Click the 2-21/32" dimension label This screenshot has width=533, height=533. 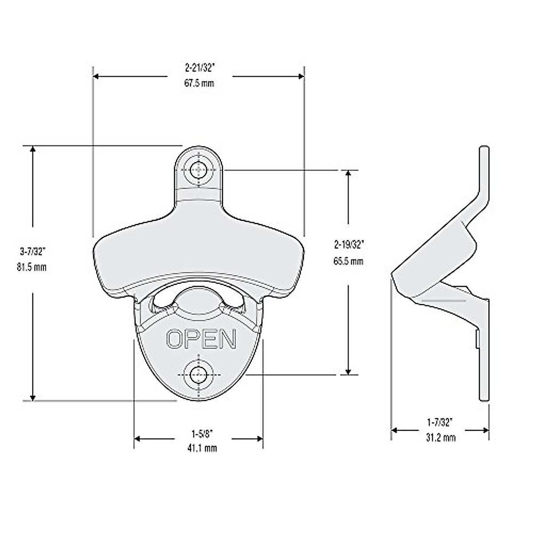(x=200, y=68)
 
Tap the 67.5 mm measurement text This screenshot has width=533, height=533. (x=200, y=83)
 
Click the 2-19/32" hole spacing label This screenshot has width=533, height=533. (x=349, y=244)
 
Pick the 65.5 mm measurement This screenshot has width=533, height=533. (x=349, y=261)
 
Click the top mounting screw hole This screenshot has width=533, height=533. (x=199, y=169)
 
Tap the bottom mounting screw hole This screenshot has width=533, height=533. (x=199, y=374)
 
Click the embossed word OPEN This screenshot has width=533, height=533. (x=201, y=339)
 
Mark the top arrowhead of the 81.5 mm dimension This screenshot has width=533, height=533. (x=32, y=149)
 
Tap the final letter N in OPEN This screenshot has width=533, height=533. (x=227, y=339)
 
